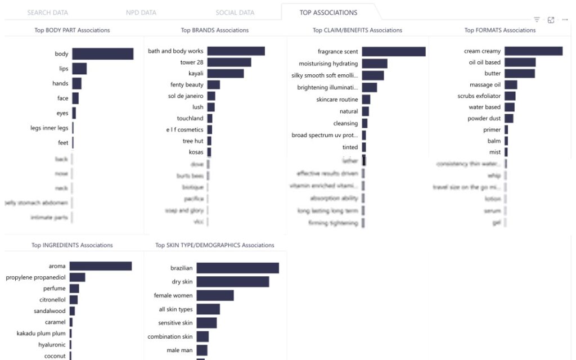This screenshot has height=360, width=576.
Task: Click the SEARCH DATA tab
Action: click(48, 12)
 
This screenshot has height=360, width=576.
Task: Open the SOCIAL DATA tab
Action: click(235, 12)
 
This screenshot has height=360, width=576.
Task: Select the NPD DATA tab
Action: click(141, 12)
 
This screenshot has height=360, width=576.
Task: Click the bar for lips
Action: click(79, 69)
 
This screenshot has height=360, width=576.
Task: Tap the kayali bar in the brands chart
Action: click(225, 74)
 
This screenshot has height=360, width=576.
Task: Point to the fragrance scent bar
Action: click(393, 52)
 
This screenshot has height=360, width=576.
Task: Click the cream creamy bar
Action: click(533, 51)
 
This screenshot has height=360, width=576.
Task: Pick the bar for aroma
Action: click(100, 266)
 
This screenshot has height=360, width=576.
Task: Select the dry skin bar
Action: click(232, 281)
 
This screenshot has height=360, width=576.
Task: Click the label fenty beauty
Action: click(187, 85)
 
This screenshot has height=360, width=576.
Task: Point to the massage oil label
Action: click(485, 85)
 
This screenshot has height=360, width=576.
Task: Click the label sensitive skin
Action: click(175, 323)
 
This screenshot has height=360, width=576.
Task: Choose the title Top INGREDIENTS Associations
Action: click(72, 245)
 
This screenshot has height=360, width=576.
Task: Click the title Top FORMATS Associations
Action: click(499, 30)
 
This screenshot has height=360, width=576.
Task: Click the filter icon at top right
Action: click(537, 20)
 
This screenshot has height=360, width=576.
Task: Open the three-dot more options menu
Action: click(565, 20)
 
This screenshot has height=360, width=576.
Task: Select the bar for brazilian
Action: click(237, 268)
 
